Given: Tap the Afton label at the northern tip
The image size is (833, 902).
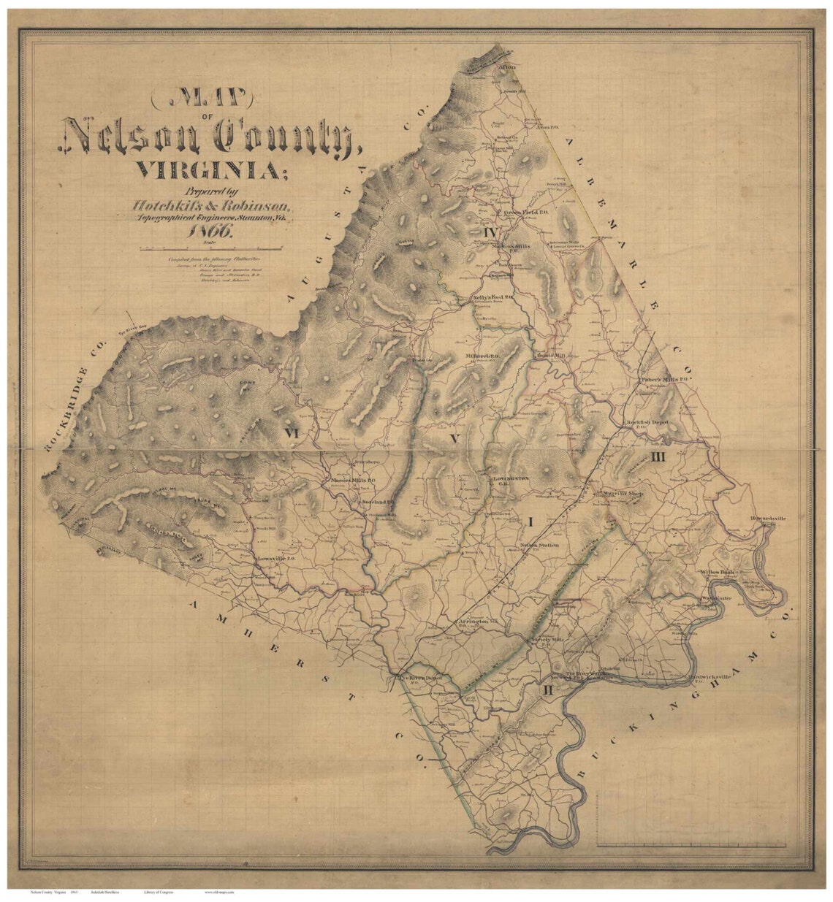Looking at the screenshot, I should pyautogui.click(x=506, y=67).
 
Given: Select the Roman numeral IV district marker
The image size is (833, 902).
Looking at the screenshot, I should pyautogui.click(x=490, y=232).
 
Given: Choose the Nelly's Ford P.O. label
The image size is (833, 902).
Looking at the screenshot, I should pyautogui.click(x=494, y=298).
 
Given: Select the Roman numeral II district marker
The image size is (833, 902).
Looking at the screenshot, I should pyautogui.click(x=548, y=688).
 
